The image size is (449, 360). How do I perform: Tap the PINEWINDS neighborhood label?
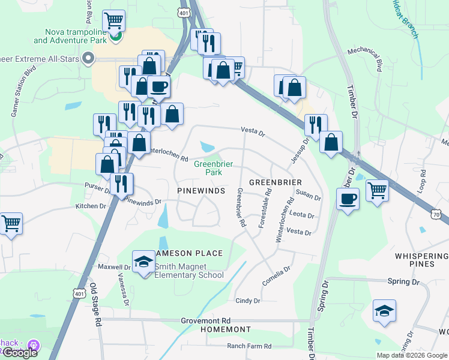201,190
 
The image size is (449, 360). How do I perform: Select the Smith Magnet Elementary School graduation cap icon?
143,262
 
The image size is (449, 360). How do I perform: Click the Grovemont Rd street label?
206,321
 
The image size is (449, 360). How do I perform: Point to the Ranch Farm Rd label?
249,346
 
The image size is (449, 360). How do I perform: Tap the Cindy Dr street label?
248,301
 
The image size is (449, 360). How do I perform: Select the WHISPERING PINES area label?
422,260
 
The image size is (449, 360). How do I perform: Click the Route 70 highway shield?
438,213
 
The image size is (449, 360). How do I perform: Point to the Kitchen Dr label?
91,206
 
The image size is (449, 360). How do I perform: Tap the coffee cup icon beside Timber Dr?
348,199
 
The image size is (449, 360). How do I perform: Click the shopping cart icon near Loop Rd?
377,191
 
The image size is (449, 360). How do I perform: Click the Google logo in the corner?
19,353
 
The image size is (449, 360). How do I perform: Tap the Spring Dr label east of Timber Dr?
403,281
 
